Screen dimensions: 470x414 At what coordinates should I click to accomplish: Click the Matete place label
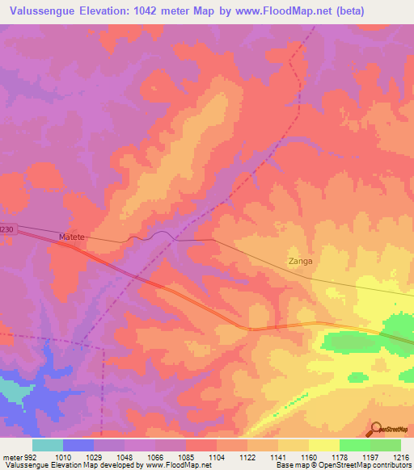73,237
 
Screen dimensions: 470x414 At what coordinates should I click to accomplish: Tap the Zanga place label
300,262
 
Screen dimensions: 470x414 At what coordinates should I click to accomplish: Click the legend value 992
29,457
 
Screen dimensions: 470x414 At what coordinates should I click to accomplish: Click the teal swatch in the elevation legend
48,445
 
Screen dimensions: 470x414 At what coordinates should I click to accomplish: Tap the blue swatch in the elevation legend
78,445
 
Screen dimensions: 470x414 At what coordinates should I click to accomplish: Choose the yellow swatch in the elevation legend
323,445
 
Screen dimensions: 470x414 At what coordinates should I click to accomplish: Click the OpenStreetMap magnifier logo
376,430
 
